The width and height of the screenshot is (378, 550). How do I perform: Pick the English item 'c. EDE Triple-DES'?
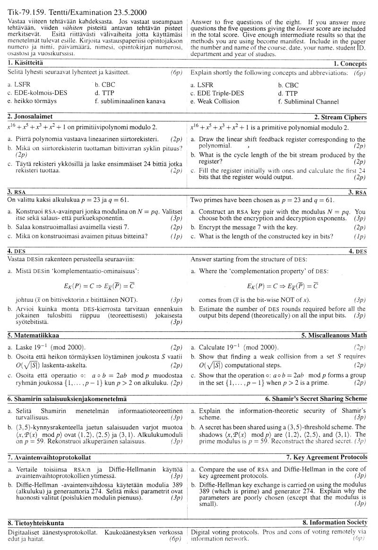[x=218, y=93]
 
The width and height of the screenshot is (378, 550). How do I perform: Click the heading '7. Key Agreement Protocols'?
[x=326, y=457]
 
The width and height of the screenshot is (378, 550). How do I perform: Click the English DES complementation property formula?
[x=282, y=286]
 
